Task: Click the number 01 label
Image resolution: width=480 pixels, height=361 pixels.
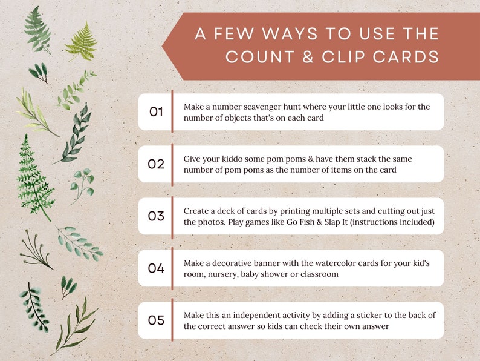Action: point(157,111)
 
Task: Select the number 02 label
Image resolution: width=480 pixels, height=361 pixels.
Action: point(157,164)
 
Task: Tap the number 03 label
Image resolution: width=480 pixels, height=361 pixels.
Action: point(157,216)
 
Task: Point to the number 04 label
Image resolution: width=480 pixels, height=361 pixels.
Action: point(157,268)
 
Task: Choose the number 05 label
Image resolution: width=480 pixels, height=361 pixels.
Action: point(157,320)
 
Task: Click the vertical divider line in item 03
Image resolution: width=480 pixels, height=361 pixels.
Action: point(172,216)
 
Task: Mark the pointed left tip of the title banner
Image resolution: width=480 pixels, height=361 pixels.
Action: point(163,47)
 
